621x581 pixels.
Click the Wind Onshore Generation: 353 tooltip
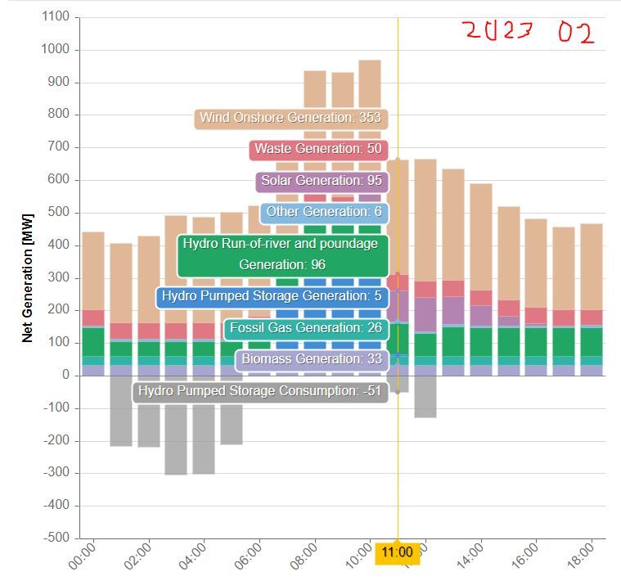(x=290, y=119)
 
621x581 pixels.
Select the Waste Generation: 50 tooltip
(x=317, y=150)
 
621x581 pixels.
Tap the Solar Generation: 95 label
(x=322, y=181)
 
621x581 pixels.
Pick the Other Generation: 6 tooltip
(x=325, y=213)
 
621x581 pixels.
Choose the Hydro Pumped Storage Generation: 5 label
(x=272, y=296)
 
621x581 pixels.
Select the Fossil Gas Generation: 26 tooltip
(x=305, y=328)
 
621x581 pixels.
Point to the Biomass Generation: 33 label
(x=311, y=359)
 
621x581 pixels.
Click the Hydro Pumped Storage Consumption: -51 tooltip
(x=259, y=392)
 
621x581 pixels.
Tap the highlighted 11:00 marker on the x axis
(x=398, y=552)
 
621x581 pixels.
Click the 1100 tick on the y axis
(x=56, y=17)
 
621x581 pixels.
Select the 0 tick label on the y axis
(x=65, y=376)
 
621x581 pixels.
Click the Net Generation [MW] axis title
(x=28, y=278)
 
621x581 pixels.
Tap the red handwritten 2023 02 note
(x=527, y=32)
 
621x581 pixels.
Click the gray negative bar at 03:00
(x=176, y=426)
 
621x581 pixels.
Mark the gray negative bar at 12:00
(x=425, y=397)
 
